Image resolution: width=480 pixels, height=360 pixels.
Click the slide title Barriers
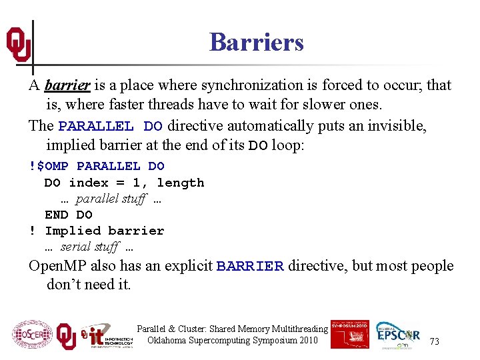256,42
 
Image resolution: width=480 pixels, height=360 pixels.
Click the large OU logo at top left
19,45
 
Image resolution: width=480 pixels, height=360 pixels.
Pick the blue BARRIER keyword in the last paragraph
250,266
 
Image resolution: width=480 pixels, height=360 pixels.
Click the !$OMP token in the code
49,166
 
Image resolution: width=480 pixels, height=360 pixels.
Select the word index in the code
89,183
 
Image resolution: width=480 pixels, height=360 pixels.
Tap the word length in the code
181,183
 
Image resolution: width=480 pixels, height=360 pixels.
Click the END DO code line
69,215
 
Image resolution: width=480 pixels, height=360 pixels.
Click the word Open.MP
55,266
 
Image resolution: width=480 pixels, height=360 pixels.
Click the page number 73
434,341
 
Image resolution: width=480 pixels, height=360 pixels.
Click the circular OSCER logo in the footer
32,335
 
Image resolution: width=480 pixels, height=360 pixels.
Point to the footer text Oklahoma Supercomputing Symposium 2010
232,341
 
